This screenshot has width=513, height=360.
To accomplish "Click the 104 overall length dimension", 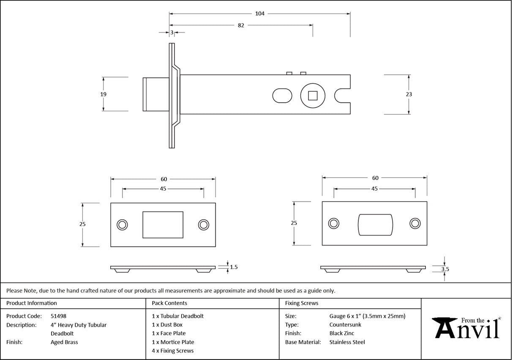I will [x=260, y=14].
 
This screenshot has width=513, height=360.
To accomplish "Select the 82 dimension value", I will [x=241, y=25].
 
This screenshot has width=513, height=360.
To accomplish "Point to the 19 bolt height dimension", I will [x=104, y=94].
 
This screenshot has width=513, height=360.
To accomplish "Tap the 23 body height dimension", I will [x=409, y=94].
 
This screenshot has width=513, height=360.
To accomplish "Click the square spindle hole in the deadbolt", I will [x=312, y=95].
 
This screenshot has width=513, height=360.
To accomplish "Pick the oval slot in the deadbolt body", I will [x=282, y=95].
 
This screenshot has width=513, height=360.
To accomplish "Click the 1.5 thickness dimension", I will [x=234, y=267].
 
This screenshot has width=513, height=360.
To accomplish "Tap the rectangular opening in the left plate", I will [x=163, y=225].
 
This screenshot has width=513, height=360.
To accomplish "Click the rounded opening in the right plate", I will [x=375, y=224].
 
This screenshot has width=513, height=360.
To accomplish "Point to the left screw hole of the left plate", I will [x=123, y=224].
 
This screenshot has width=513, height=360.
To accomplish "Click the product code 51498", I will [x=58, y=316].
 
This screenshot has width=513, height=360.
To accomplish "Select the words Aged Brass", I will [x=64, y=342].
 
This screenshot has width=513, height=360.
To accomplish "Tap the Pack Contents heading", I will [x=169, y=303].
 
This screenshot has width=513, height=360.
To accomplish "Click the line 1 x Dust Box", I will [x=167, y=325].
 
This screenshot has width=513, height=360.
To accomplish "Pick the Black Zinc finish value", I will [x=342, y=333].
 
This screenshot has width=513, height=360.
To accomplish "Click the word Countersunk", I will [x=345, y=325].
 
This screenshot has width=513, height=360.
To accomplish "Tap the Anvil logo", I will [x=467, y=328].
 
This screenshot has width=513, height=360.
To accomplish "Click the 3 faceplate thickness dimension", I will [x=172, y=32].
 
